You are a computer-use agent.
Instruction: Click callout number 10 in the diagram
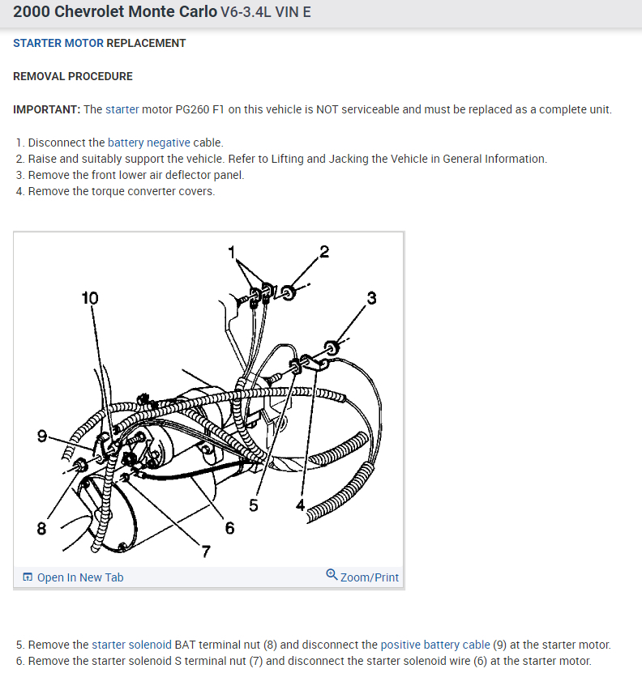(x=90, y=298)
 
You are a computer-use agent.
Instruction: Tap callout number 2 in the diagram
(x=324, y=251)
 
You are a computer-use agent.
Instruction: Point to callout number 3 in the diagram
(x=371, y=298)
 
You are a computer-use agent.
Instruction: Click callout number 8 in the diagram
(x=41, y=529)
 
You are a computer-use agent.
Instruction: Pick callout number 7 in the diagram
(x=206, y=552)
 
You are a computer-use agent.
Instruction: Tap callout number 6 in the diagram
(x=229, y=529)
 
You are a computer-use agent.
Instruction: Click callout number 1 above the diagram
(x=231, y=251)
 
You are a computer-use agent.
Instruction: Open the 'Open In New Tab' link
(x=80, y=577)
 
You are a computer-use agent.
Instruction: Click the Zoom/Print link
(x=370, y=577)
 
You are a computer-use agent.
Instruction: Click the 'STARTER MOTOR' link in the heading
(x=58, y=43)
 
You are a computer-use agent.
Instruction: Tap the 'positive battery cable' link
(x=435, y=645)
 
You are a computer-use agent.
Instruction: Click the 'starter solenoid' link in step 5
(x=131, y=645)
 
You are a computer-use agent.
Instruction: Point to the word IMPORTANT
(x=46, y=109)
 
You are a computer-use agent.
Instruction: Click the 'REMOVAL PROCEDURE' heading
(x=73, y=76)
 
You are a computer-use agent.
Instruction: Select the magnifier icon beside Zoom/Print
(x=332, y=575)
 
